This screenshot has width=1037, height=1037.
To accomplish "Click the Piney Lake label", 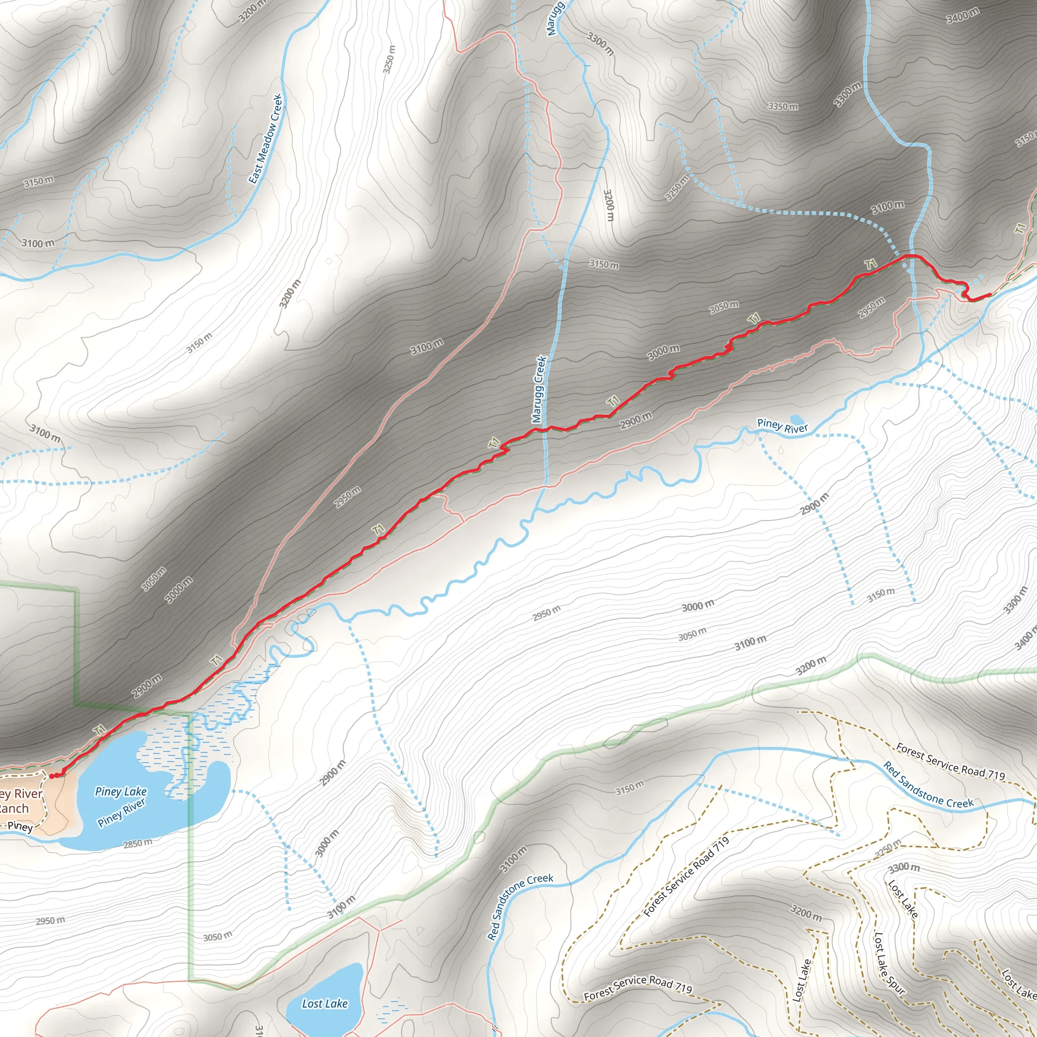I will point(121,792).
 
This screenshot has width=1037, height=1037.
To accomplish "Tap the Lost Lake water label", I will point(325,1003).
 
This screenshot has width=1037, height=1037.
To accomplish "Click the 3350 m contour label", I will point(783,106).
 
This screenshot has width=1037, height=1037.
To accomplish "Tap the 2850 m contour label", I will point(138,844).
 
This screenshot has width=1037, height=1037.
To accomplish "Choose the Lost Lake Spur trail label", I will point(889,963).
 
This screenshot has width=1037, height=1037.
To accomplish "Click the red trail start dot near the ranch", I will point(52,776).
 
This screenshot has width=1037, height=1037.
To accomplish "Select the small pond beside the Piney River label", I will point(796,419).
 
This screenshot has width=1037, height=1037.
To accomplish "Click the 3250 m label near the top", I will point(390,59).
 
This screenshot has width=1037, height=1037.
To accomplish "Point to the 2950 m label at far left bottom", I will point(51,921).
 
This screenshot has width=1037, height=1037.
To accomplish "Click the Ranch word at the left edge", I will point(14,809).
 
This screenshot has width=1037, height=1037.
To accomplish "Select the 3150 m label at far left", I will point(38,181).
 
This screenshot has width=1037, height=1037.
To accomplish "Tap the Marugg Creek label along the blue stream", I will point(539,389).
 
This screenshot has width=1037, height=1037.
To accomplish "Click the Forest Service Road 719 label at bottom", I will point(637,987).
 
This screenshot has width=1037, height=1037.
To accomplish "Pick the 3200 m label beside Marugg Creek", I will point(609,205).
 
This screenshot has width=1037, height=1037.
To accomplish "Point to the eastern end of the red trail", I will point(989,294).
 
